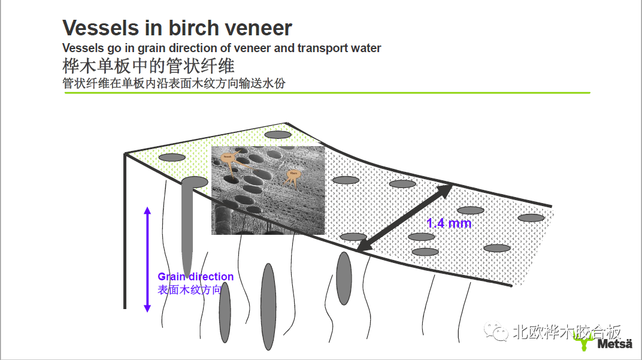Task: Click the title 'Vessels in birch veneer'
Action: [x=177, y=28]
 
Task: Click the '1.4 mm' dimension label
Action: [x=449, y=223]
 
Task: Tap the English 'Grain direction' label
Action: [x=195, y=277]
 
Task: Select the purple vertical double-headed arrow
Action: [x=147, y=259]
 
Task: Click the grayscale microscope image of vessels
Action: [x=268, y=190]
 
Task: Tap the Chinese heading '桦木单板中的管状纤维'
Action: [x=148, y=65]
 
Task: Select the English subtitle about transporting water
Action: [x=222, y=48]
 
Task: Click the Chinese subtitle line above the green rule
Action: [x=174, y=83]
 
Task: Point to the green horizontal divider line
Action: [x=326, y=93]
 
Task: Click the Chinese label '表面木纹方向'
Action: [x=189, y=290]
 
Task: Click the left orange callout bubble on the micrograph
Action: [x=228, y=158]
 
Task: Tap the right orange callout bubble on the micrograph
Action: [x=293, y=174]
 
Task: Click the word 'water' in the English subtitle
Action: [x=365, y=48]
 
